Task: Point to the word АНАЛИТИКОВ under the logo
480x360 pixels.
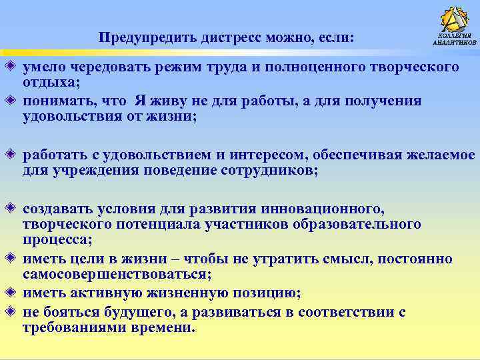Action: (x=455, y=42)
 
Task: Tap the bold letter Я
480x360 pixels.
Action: (x=141, y=101)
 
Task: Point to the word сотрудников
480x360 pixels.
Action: (x=274, y=171)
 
